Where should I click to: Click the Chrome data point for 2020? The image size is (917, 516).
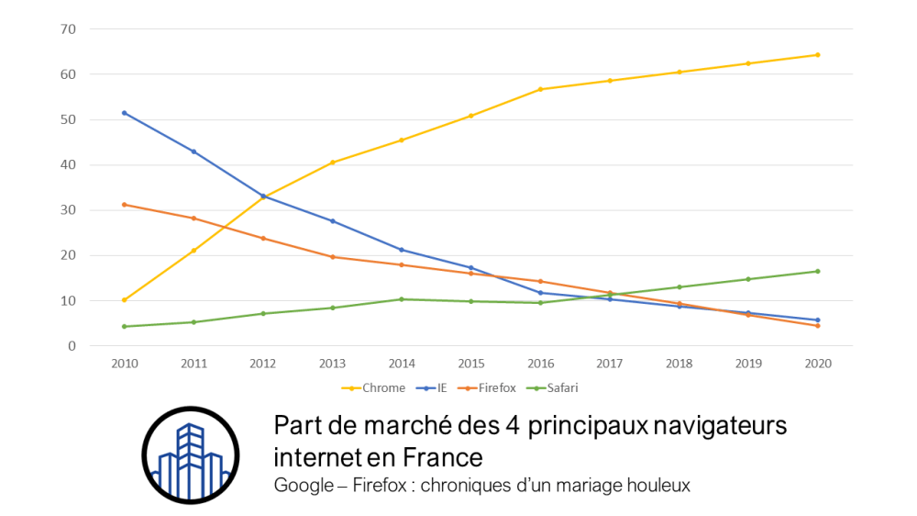click(817, 55)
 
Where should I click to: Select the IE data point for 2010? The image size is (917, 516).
click(124, 113)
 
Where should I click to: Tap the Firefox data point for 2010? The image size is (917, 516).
click(124, 205)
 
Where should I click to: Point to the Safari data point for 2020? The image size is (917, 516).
click(817, 271)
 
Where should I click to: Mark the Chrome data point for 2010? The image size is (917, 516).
click(124, 299)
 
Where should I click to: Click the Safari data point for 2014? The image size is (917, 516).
click(402, 299)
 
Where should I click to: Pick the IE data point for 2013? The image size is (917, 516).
click(332, 221)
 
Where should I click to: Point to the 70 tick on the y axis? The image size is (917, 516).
click(69, 29)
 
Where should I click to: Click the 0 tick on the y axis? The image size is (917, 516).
click(72, 346)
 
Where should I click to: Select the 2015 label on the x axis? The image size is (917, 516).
click(470, 364)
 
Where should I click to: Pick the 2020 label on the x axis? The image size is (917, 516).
click(817, 364)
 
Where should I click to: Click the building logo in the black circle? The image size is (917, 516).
click(190, 455)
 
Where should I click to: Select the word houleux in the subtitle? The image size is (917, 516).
click(660, 484)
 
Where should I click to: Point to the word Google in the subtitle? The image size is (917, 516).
click(303, 484)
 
